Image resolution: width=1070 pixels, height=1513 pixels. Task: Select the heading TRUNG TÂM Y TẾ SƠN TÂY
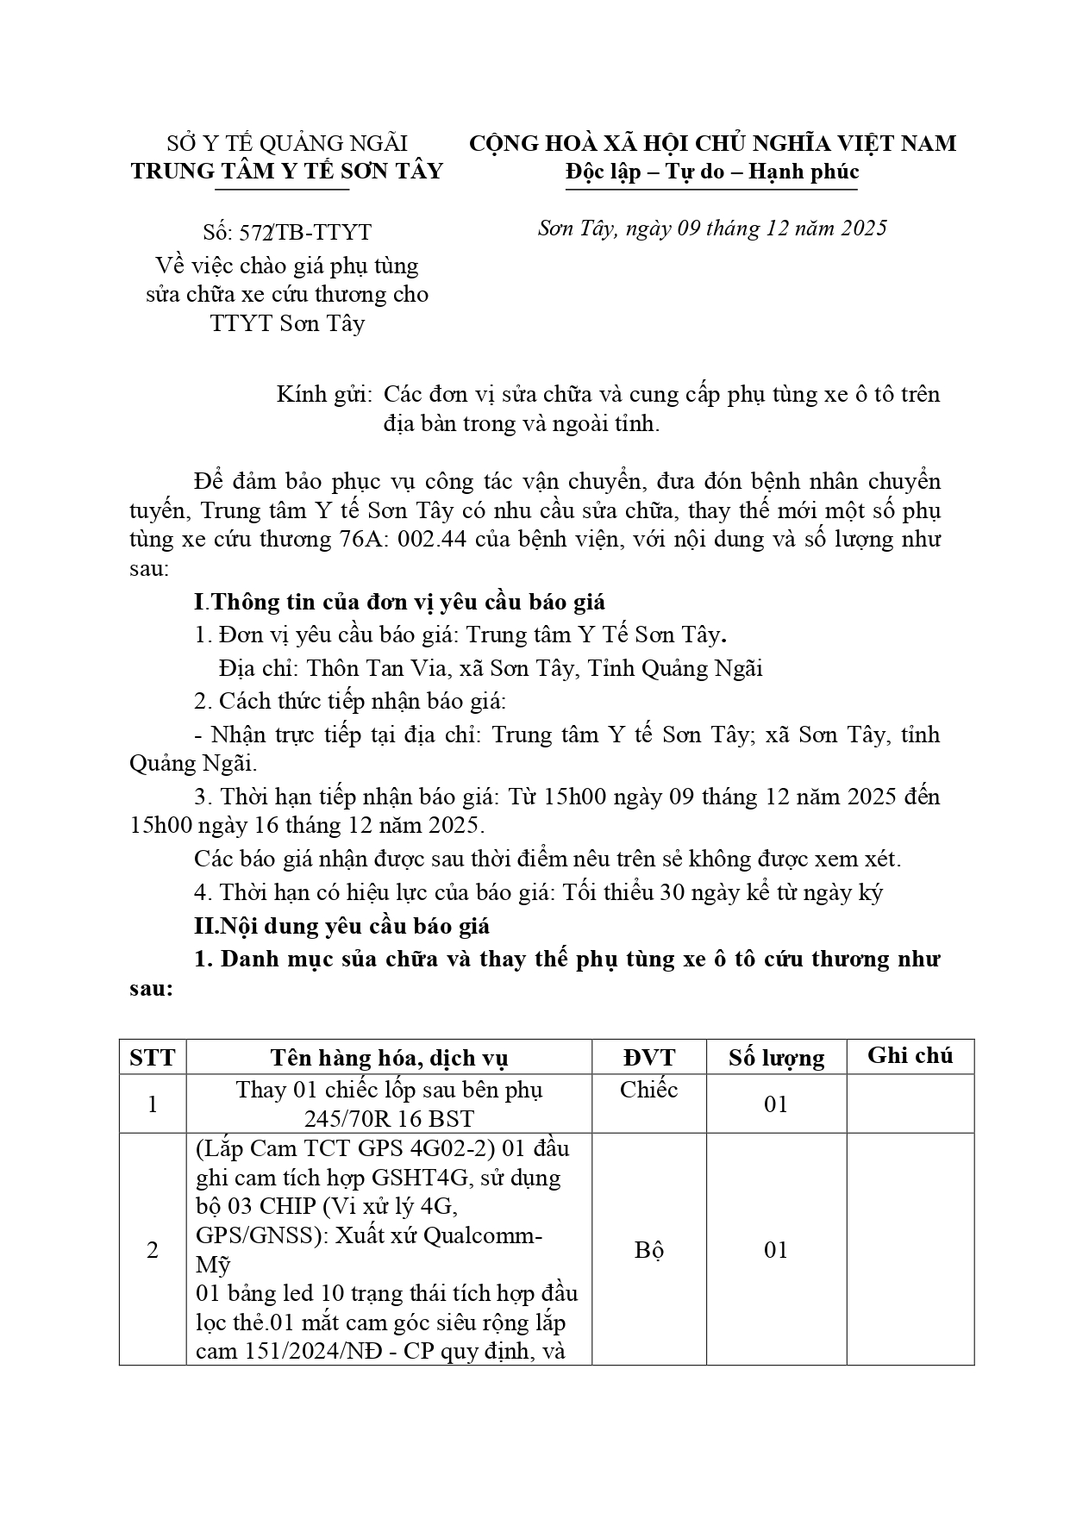(287, 171)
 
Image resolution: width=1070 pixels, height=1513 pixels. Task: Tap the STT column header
(153, 1058)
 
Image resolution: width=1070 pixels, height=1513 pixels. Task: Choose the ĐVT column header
(648, 1058)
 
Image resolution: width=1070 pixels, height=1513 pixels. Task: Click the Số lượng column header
(776, 1058)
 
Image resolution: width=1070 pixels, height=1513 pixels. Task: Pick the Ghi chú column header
(910, 1056)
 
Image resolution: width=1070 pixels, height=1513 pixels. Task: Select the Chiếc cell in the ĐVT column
(648, 1090)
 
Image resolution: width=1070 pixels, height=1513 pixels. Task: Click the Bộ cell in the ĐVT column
(648, 1250)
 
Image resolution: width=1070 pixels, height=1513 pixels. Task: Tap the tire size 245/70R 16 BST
(389, 1119)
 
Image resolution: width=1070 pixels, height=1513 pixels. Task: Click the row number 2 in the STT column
(153, 1250)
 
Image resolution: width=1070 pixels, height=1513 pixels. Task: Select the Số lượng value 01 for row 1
(776, 1104)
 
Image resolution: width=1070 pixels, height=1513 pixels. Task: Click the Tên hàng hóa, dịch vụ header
(389, 1058)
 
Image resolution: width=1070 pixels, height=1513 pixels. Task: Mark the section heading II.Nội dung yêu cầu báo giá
(341, 926)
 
